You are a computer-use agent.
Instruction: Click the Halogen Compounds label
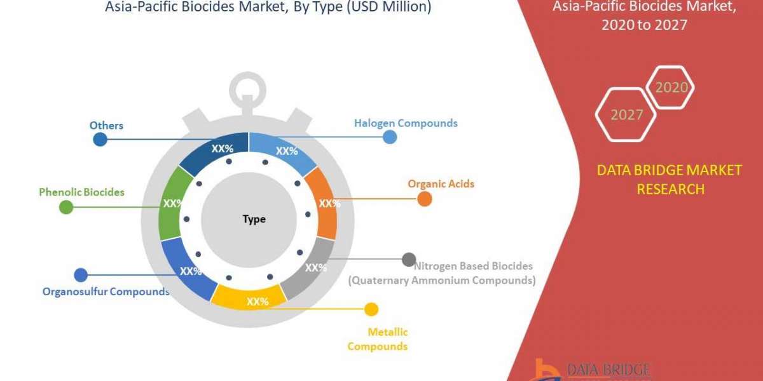click(x=406, y=123)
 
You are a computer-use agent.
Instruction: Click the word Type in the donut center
click(x=254, y=219)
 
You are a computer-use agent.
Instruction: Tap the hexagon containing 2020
click(x=670, y=87)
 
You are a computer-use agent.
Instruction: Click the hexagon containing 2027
click(x=626, y=115)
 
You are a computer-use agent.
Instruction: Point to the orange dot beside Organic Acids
click(x=425, y=199)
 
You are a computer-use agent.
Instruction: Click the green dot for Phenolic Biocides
click(x=66, y=207)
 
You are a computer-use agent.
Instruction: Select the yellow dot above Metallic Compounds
click(x=371, y=309)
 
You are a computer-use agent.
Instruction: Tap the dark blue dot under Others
click(x=100, y=140)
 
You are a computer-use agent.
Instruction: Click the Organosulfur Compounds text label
click(x=106, y=292)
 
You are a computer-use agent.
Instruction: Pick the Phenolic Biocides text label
click(x=81, y=191)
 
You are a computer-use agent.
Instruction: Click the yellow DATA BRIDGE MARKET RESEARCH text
click(x=670, y=179)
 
